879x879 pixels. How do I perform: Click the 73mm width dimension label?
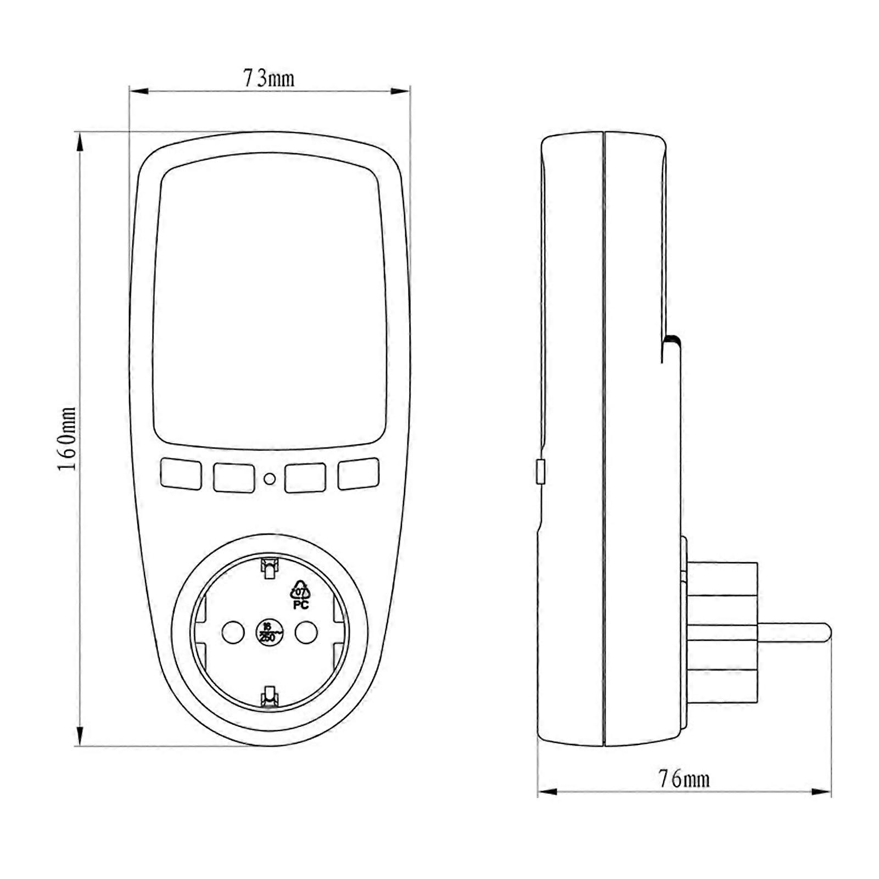(269, 79)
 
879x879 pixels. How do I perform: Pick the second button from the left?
(233, 478)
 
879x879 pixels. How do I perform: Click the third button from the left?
(305, 477)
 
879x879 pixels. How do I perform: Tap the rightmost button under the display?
(358, 474)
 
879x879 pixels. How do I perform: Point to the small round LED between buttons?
(270, 479)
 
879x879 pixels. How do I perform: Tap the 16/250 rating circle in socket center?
(269, 633)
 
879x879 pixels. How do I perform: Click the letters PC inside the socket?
(301, 605)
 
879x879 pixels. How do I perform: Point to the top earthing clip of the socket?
(269, 569)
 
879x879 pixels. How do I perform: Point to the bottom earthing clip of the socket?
(269, 696)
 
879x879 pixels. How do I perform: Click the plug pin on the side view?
(793, 631)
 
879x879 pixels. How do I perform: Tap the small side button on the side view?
(540, 472)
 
